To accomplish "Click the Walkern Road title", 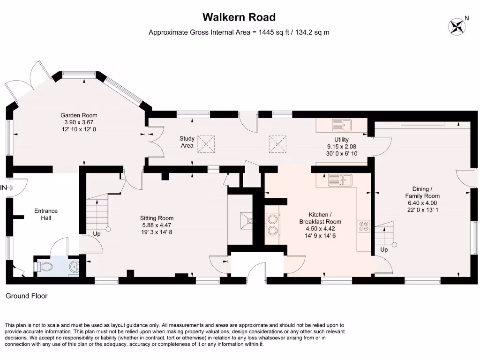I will pyautogui.click(x=239, y=17).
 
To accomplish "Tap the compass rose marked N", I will pyautogui.click(x=456, y=26).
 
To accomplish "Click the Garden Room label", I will pyautogui.click(x=79, y=115).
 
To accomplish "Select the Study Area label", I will pyautogui.click(x=187, y=142).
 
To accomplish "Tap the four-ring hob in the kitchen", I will pyautogui.click(x=364, y=226).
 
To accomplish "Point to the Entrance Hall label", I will pyautogui.click(x=46, y=214).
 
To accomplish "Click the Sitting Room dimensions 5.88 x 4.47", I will pyautogui.click(x=157, y=225).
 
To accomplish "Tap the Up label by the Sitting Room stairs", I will pyautogui.click(x=97, y=233).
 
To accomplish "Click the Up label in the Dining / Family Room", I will pyautogui.click(x=384, y=250).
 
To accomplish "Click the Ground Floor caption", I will pyautogui.click(x=26, y=296).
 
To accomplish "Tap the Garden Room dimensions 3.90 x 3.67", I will pyautogui.click(x=79, y=122).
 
